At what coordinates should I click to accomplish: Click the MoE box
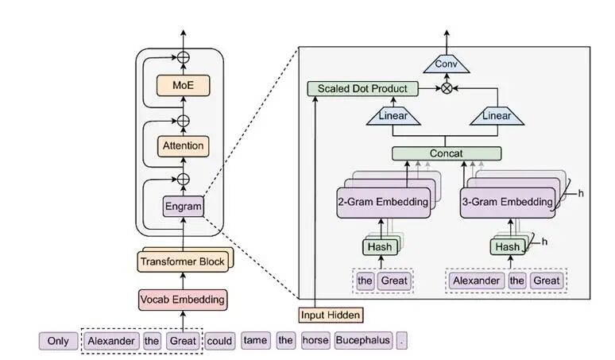(x=184, y=85)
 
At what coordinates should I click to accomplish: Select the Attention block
(x=183, y=145)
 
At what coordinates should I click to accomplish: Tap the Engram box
(x=183, y=207)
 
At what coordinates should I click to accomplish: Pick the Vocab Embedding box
(x=183, y=300)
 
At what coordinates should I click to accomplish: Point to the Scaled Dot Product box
(x=362, y=88)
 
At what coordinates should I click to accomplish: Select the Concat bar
(x=447, y=153)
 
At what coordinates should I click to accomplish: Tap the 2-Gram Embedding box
(x=385, y=202)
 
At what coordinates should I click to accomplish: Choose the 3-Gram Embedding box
(x=507, y=202)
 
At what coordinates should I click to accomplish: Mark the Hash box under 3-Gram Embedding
(x=507, y=247)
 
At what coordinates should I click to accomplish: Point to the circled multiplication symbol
(x=447, y=88)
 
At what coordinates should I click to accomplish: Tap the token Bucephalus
(x=362, y=341)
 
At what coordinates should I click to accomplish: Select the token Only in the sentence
(x=58, y=341)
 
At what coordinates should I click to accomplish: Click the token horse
(x=315, y=341)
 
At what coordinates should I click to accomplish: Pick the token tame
(x=256, y=341)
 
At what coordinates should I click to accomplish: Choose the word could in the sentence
(x=220, y=341)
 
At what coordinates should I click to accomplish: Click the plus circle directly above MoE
(x=184, y=57)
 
